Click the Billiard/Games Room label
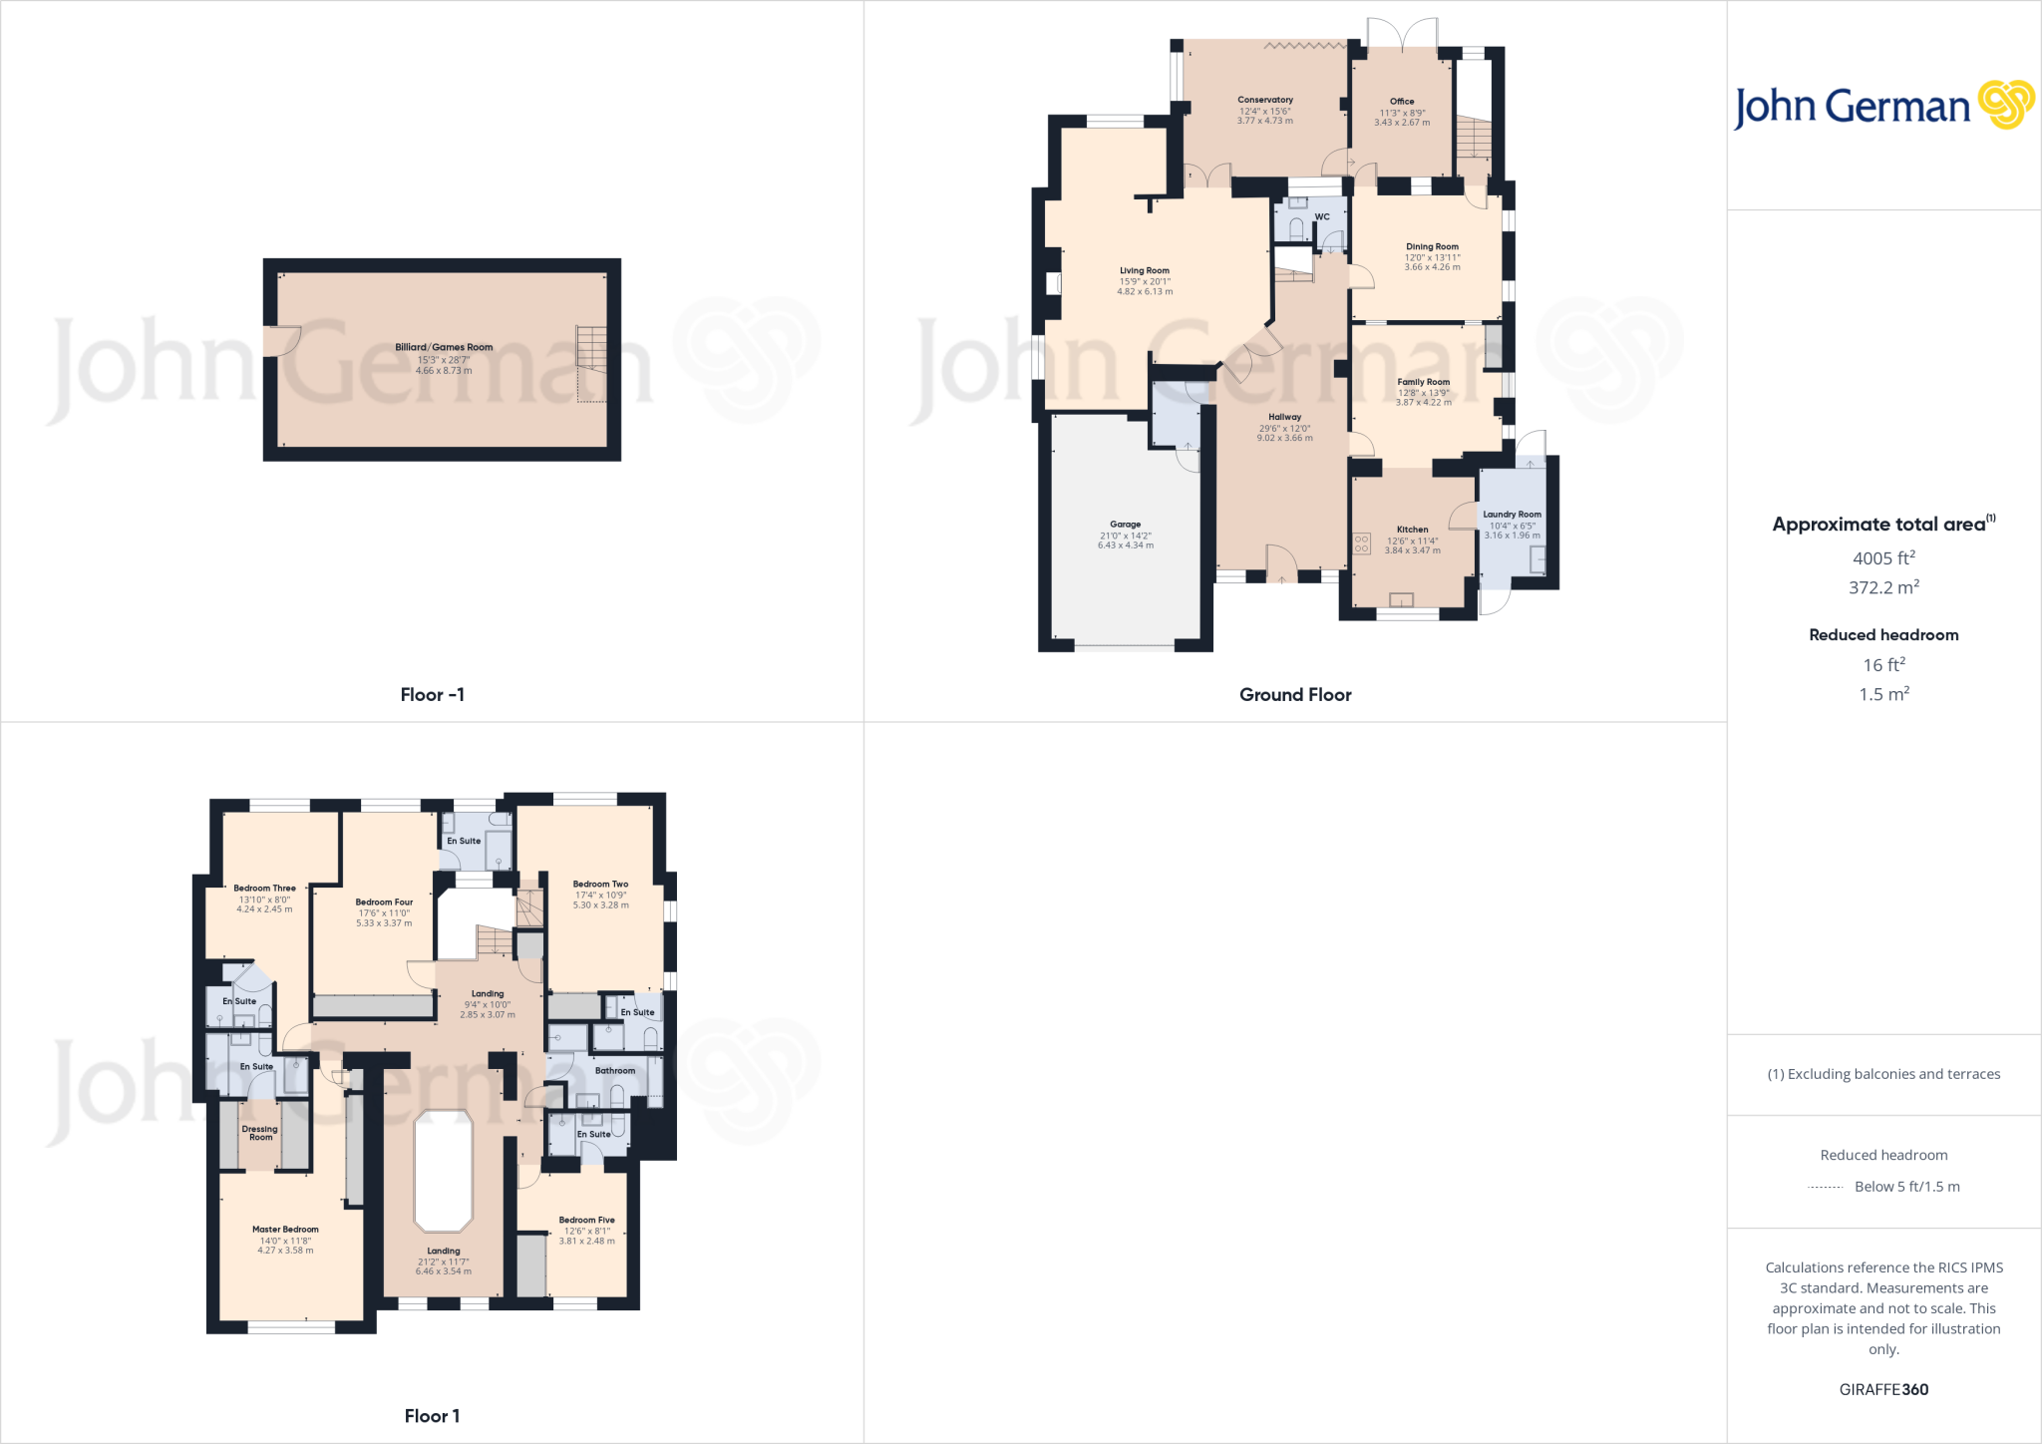pyautogui.click(x=444, y=347)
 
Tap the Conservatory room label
pyautogui.click(x=1265, y=100)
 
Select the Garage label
pyautogui.click(x=1125, y=524)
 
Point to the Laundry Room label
pyautogui.click(x=1512, y=515)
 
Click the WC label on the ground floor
pyautogui.click(x=1322, y=216)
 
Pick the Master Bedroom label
pyautogui.click(x=285, y=1230)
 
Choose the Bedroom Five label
pyautogui.click(x=586, y=1220)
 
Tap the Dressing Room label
pyautogui.click(x=260, y=1133)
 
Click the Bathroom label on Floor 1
pyautogui.click(x=614, y=1071)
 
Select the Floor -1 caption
pyautogui.click(x=432, y=695)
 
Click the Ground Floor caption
pyautogui.click(x=1295, y=695)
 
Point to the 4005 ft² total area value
pyautogui.click(x=1883, y=558)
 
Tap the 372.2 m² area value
pyautogui.click(x=1883, y=587)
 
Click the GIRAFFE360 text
pyautogui.click(x=1883, y=1389)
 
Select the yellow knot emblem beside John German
pyautogui.click(x=2006, y=105)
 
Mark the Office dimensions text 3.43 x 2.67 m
pyautogui.click(x=1402, y=123)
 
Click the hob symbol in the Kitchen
pyautogui.click(x=1362, y=543)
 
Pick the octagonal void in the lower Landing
pyautogui.click(x=443, y=1171)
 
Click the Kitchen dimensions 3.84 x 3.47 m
pyautogui.click(x=1412, y=550)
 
